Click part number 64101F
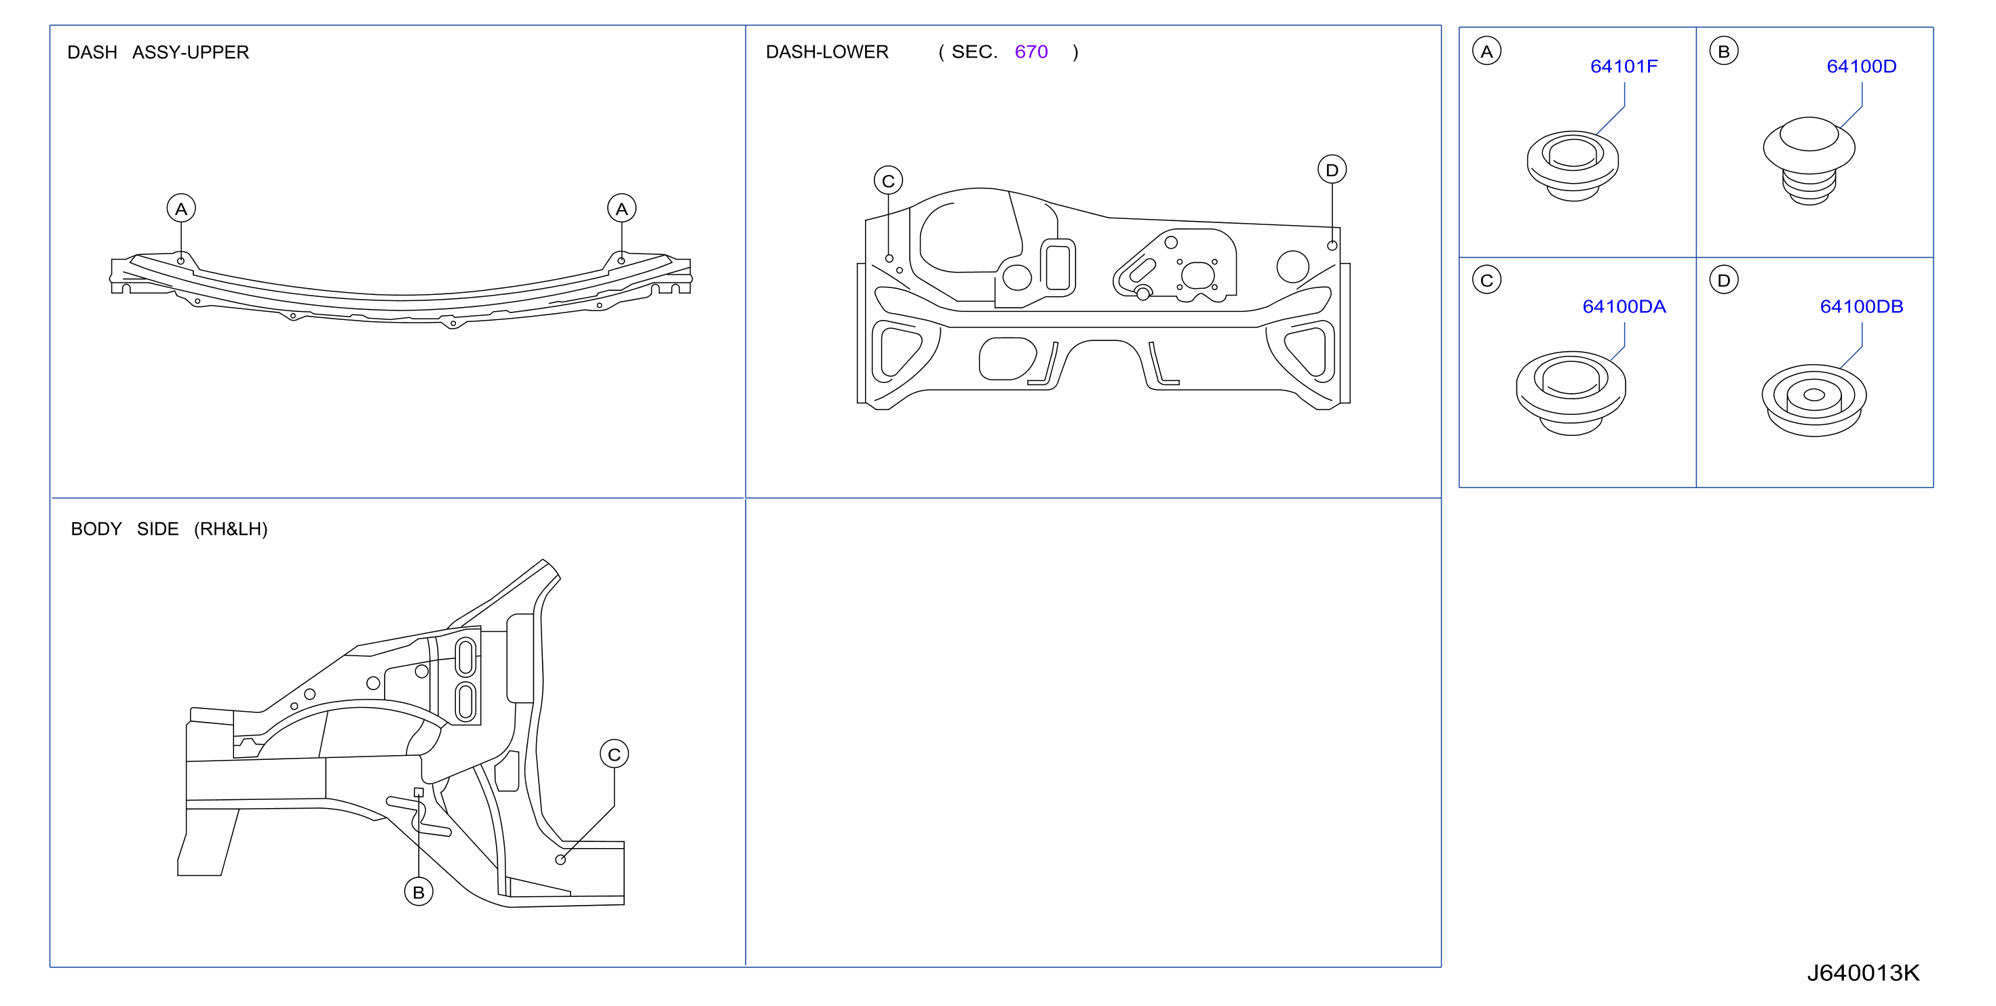click(x=1624, y=66)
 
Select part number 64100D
click(x=1861, y=66)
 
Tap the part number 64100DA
click(x=1624, y=306)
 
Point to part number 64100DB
click(x=1861, y=306)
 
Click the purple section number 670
click(x=1031, y=52)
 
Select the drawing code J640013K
click(x=1863, y=973)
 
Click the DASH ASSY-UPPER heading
click(x=158, y=53)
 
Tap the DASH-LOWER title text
click(x=827, y=52)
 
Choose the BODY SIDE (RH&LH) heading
click(x=169, y=529)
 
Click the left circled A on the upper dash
click(x=181, y=208)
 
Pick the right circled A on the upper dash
click(x=621, y=208)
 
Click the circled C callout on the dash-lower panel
click(x=888, y=180)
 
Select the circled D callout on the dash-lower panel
click(x=1332, y=169)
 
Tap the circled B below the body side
click(x=419, y=892)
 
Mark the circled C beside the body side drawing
click(x=614, y=754)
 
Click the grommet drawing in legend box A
click(x=1572, y=165)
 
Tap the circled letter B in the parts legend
click(x=1723, y=51)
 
